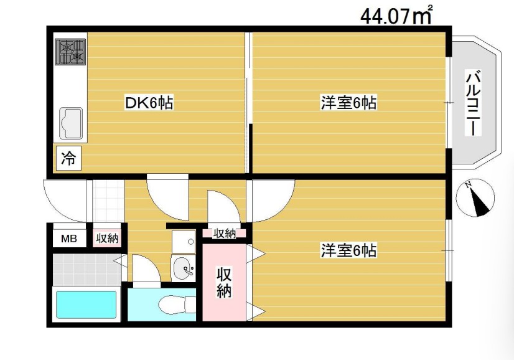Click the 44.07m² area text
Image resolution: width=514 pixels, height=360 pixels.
pyautogui.click(x=396, y=15)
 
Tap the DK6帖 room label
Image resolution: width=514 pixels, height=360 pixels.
pyautogui.click(x=149, y=103)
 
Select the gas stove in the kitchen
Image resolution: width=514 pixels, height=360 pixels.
pyautogui.click(x=72, y=52)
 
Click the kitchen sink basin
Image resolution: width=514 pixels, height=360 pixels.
pyautogui.click(x=71, y=123)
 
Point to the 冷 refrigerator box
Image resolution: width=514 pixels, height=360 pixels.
pyautogui.click(x=68, y=159)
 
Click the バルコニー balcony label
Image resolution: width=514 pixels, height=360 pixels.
pyautogui.click(x=473, y=103)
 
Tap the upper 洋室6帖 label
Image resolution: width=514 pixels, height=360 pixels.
pyautogui.click(x=348, y=103)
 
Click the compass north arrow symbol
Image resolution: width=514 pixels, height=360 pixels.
pyautogui.click(x=476, y=199)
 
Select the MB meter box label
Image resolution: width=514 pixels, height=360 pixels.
pyautogui.click(x=68, y=237)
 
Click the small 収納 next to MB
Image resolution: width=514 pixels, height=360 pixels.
pyautogui.click(x=107, y=237)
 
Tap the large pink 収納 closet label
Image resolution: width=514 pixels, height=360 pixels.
pyautogui.click(x=225, y=282)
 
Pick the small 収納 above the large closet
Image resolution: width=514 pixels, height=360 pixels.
pyautogui.click(x=225, y=234)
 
